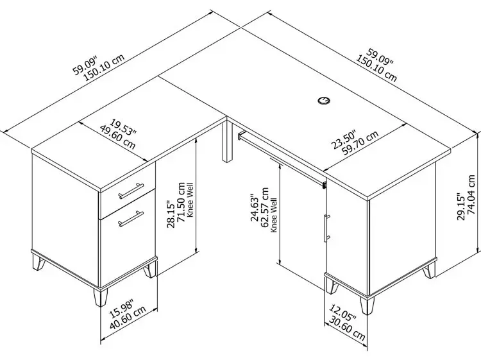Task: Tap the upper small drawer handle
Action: click(x=131, y=191)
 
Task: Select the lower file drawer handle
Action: click(x=131, y=219)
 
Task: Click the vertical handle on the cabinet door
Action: click(x=326, y=228)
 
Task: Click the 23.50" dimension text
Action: click(x=344, y=140)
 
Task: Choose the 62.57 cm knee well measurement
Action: click(x=264, y=207)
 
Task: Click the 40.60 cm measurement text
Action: click(x=128, y=318)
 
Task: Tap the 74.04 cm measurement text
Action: click(x=473, y=194)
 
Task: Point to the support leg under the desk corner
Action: click(x=227, y=141)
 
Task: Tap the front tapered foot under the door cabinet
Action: click(x=367, y=305)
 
